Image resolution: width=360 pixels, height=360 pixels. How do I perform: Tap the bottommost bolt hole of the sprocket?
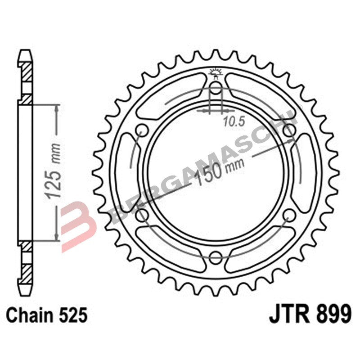tap(216, 257)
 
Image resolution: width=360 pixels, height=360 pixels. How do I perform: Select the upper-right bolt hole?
tap(289, 130)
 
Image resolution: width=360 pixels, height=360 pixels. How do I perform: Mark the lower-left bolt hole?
tap(142, 215)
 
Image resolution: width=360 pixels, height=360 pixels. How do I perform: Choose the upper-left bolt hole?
tap(142, 130)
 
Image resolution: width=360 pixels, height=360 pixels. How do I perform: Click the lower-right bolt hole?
tap(289, 215)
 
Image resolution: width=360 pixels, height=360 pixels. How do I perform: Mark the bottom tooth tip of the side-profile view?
tap(25, 288)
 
